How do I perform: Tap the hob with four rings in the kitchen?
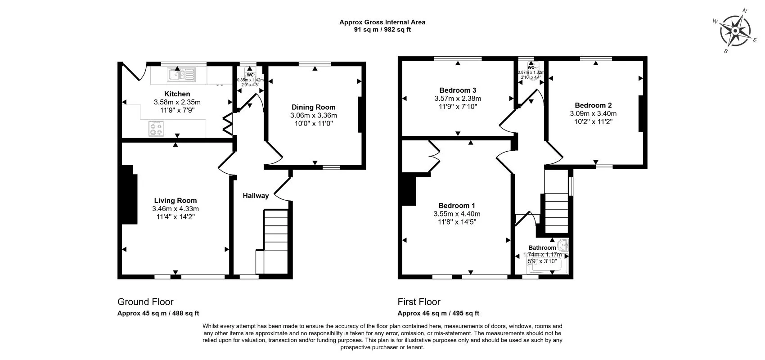coord(157,129)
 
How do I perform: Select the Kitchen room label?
coord(177,94)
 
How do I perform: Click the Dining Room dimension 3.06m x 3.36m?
coord(313,115)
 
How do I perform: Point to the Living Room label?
coord(175,201)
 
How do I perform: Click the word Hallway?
coord(256,196)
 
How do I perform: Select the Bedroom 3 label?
coord(458,90)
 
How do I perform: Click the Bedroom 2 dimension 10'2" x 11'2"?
coord(593,121)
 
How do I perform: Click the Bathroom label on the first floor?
coord(542,247)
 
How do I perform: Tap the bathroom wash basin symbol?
coord(563,245)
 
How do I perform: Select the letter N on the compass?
coord(745,11)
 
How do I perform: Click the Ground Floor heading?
coord(145,302)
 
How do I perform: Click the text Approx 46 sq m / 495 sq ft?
coord(438,314)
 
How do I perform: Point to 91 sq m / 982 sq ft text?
coord(382,30)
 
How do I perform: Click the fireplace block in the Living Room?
coord(129,194)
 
